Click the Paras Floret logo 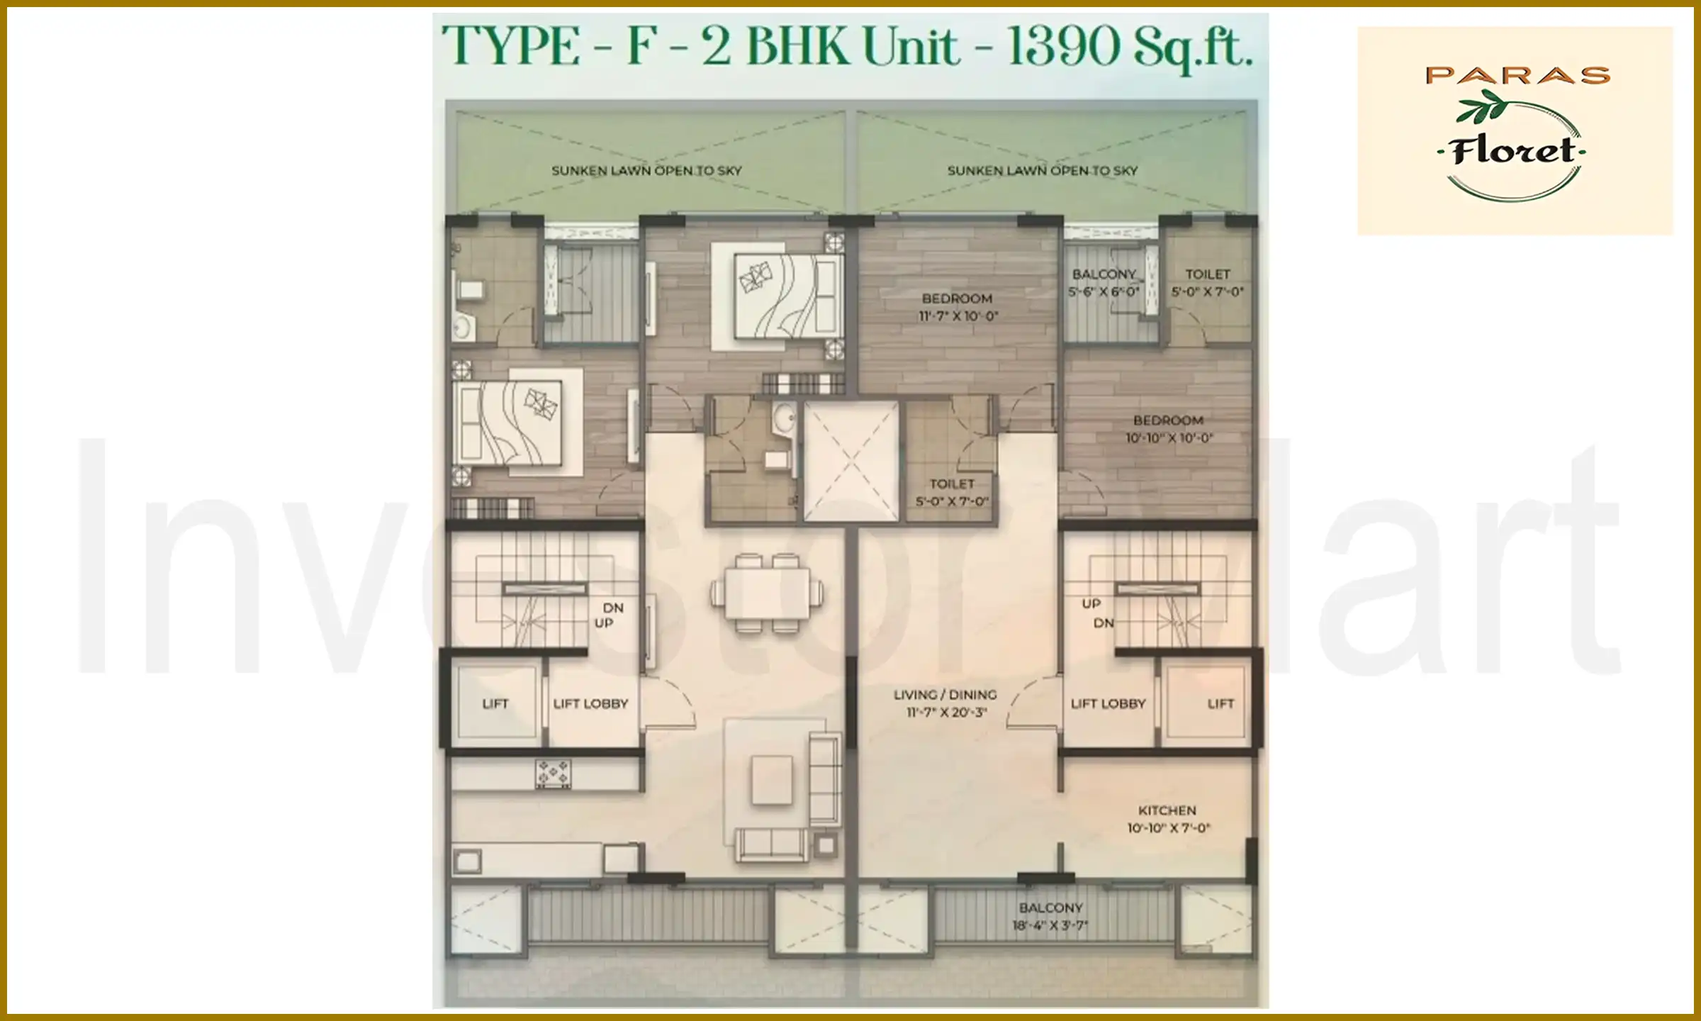pos(1514,132)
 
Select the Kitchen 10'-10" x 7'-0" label pos(1168,819)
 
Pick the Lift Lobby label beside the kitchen pos(1108,703)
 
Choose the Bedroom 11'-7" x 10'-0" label pos(958,307)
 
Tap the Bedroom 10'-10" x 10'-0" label pos(1169,429)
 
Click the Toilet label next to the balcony pos(1208,282)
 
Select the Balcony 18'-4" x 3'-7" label pos(1050,916)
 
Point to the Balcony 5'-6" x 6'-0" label pos(1104,282)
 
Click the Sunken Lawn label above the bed pos(646,171)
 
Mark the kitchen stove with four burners pos(553,774)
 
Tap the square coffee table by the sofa pos(772,780)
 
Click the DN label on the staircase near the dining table pos(613,608)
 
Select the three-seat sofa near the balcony pos(772,844)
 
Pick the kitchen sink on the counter pos(467,861)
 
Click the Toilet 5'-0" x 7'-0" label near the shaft pos(952,492)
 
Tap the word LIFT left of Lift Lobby pos(495,703)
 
